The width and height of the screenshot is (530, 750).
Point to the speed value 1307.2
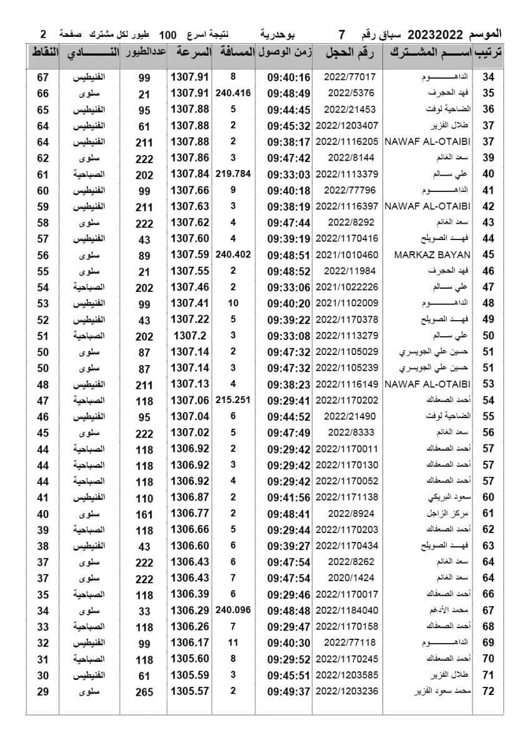click(189, 335)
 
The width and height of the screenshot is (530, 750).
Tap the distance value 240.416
click(232, 93)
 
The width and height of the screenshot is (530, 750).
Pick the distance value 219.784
click(232, 173)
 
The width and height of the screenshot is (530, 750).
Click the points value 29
click(43, 691)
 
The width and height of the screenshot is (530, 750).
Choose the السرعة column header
click(189, 54)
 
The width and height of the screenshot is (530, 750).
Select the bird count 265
click(144, 691)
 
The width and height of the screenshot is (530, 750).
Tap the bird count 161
click(144, 514)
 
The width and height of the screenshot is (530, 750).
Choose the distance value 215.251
click(232, 398)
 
